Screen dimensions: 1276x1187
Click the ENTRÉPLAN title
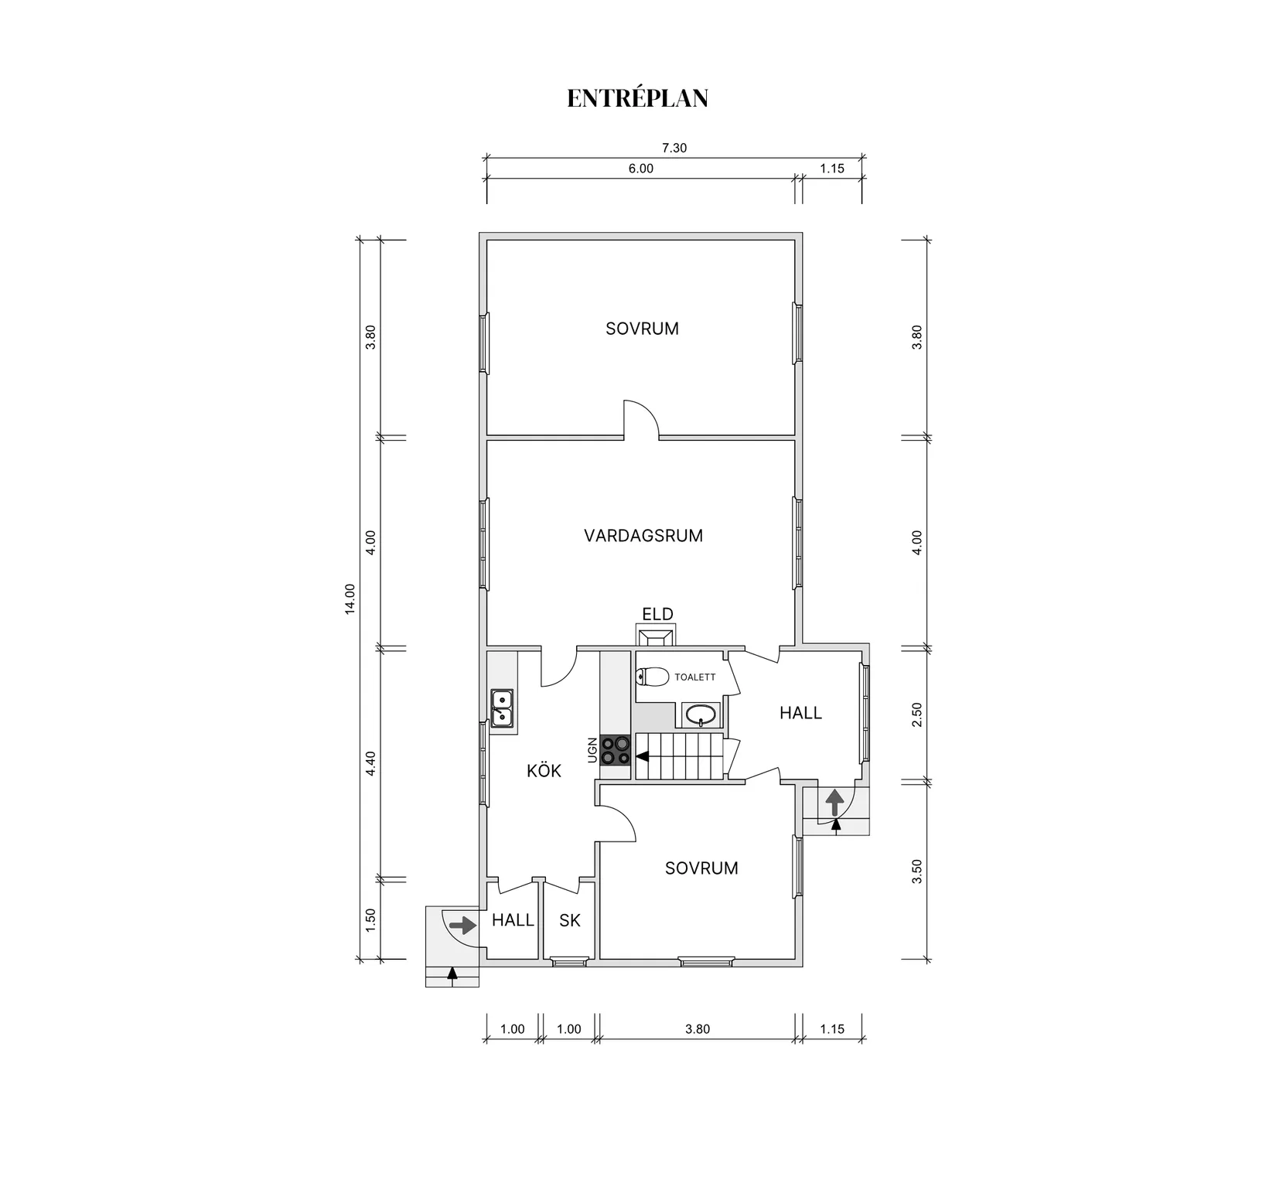tap(638, 98)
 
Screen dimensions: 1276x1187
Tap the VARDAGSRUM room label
tap(643, 535)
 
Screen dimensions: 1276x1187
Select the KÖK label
tap(544, 770)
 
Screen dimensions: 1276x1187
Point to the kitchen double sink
tap(503, 708)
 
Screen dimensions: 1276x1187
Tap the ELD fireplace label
tap(657, 614)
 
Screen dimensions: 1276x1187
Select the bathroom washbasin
tap(701, 715)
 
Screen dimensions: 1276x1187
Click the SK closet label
tap(570, 920)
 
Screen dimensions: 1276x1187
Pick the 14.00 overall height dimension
tap(350, 599)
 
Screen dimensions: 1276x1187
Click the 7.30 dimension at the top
tap(674, 148)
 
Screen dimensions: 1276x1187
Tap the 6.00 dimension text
tap(640, 169)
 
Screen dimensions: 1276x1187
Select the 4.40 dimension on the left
tap(370, 763)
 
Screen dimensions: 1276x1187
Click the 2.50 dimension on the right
tap(917, 714)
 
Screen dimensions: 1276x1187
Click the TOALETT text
tap(695, 677)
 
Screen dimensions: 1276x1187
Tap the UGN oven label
tap(592, 750)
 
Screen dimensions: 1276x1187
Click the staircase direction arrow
tap(643, 756)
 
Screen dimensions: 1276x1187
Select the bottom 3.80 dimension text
tap(698, 1028)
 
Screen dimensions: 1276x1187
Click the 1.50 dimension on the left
tap(370, 919)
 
